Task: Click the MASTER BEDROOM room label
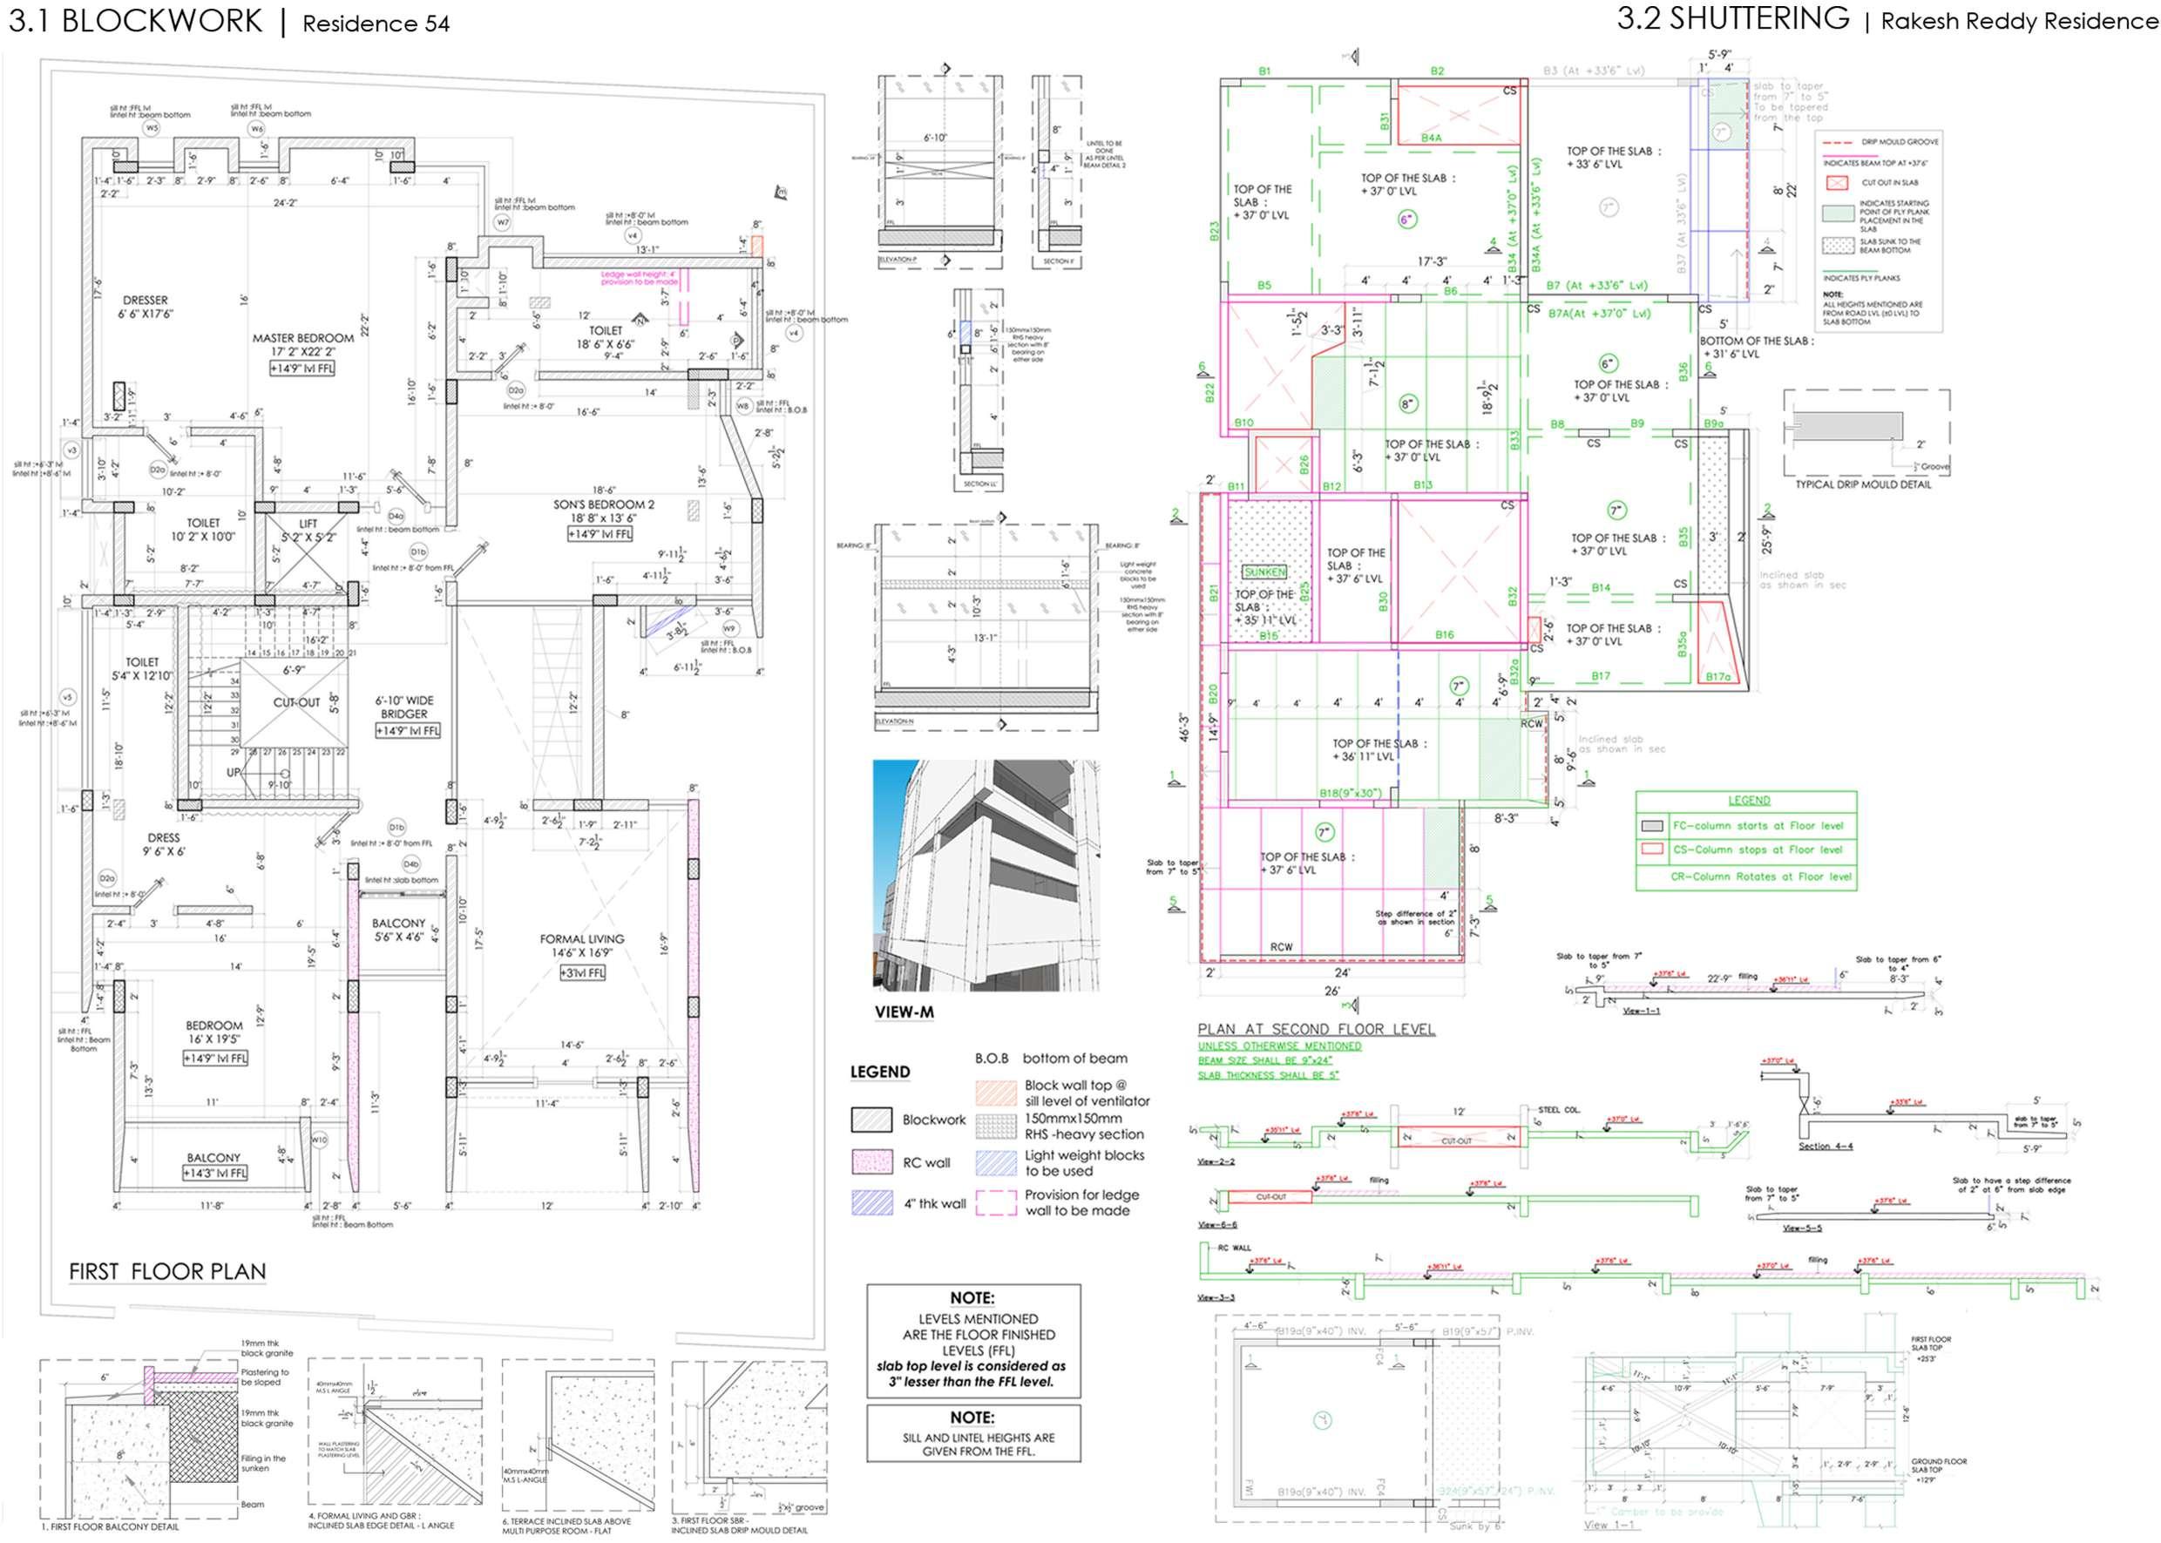tap(302, 338)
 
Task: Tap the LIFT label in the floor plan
tap(308, 524)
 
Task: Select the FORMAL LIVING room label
tap(581, 938)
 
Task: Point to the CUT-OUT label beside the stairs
tap(296, 703)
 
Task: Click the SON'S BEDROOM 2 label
tap(604, 504)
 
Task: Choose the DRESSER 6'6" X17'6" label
tap(146, 306)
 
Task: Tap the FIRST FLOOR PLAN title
tap(167, 1271)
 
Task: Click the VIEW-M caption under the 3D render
tap(904, 1012)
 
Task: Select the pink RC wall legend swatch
tap(871, 1162)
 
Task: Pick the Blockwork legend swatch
tap(871, 1120)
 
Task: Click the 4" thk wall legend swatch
tap(871, 1203)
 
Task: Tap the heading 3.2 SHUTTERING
tap(1733, 19)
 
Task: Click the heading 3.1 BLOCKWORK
tap(135, 22)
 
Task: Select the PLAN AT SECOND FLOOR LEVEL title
tap(1316, 1029)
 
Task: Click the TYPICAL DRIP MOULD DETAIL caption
tap(1863, 484)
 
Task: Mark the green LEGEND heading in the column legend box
tap(1749, 800)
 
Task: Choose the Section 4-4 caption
tap(1826, 1147)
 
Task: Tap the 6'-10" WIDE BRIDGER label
tap(406, 707)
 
